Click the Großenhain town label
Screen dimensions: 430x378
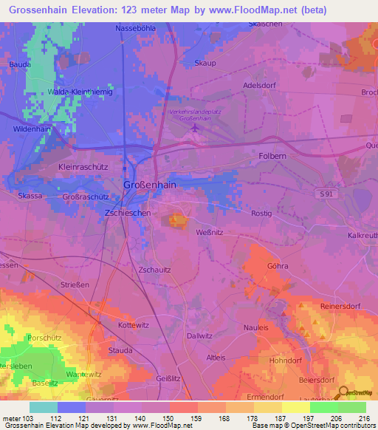click(149, 185)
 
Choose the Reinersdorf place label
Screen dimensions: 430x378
click(340, 306)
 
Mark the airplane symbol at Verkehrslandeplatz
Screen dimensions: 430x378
click(194, 129)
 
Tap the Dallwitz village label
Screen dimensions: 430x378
click(200, 335)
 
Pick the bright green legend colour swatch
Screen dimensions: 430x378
click(323, 407)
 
